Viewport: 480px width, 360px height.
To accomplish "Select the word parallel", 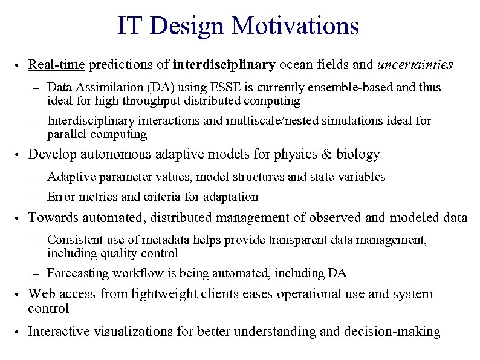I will point(66,134).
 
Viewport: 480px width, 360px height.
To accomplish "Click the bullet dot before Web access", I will point(18,295).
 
